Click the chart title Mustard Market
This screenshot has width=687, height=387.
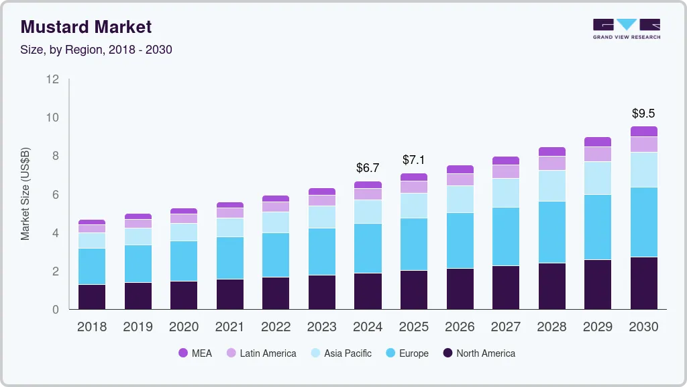tap(87, 27)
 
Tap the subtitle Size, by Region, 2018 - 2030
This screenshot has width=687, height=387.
tap(97, 50)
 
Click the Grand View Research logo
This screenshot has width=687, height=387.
tap(626, 28)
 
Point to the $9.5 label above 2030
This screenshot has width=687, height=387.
tap(643, 113)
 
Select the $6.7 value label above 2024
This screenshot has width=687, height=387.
tap(368, 167)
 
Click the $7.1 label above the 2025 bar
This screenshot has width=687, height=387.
tap(414, 160)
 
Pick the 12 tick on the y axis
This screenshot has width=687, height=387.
tap(52, 79)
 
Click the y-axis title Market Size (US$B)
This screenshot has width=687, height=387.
tap(25, 194)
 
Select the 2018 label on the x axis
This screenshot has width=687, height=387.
tap(91, 327)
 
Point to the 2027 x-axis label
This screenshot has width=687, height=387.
tap(505, 327)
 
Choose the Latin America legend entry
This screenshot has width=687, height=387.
tap(261, 353)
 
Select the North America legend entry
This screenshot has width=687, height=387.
tap(478, 353)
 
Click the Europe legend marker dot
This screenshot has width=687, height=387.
tap(390, 353)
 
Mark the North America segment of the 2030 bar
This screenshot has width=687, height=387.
tap(643, 283)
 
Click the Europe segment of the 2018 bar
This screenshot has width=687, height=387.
tap(91, 266)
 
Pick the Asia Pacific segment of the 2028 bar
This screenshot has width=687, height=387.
tap(551, 185)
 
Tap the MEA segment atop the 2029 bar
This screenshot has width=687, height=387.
tap(597, 142)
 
